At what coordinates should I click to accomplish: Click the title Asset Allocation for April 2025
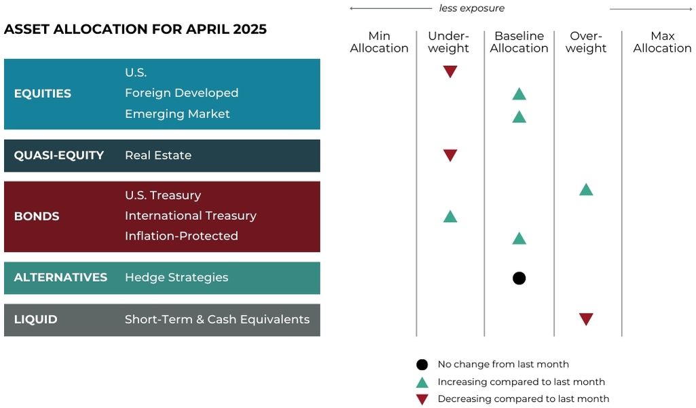[x=135, y=30]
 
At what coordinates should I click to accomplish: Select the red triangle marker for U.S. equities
[x=450, y=71]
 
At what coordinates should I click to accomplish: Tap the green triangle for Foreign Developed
[x=519, y=94]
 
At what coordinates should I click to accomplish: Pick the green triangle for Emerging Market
[x=519, y=116]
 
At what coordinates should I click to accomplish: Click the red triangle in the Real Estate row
[x=450, y=155]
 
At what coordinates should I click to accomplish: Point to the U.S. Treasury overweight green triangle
[x=586, y=189]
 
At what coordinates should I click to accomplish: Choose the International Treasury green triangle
[x=450, y=217]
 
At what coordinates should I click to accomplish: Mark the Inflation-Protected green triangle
[x=519, y=238]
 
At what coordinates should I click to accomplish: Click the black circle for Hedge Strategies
[x=519, y=278]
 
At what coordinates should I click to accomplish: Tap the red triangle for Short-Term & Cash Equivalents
[x=586, y=319]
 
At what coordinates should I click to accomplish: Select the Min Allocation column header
[x=379, y=42]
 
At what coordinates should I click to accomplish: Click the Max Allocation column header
[x=662, y=42]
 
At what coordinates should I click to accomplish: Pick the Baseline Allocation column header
[x=519, y=42]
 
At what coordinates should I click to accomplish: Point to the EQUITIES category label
[x=42, y=94]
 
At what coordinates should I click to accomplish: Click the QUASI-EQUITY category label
[x=59, y=155]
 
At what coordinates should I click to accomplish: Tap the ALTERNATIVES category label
[x=60, y=278]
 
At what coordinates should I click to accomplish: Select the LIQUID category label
[x=35, y=320]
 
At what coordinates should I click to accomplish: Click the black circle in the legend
[x=422, y=365]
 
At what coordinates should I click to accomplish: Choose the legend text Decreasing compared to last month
[x=523, y=399]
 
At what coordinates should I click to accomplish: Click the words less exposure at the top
[x=471, y=9]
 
